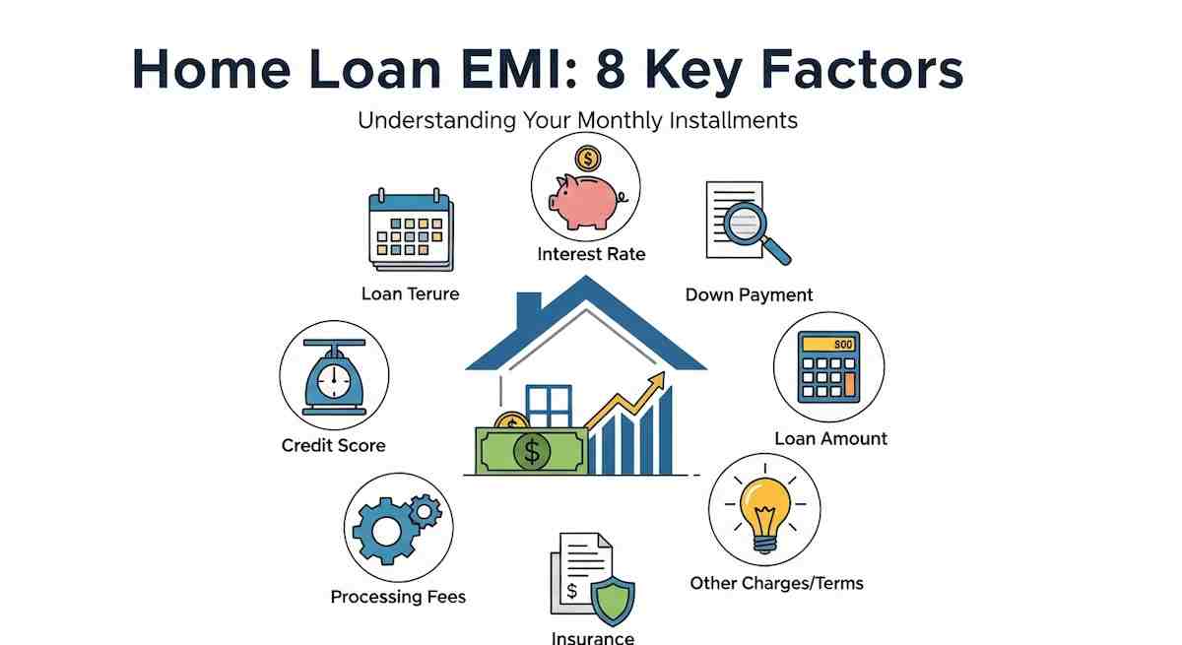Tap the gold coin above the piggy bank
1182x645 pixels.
[x=588, y=159]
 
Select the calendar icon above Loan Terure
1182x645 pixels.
[x=411, y=230]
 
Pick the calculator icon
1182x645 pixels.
[x=828, y=367]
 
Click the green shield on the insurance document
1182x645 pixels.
[x=613, y=602]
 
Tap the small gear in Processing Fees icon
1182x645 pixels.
[x=425, y=510]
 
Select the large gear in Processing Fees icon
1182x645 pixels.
[x=386, y=531]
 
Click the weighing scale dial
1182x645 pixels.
[x=334, y=381]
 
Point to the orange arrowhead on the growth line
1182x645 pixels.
[x=658, y=380]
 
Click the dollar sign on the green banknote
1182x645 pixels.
[x=532, y=451]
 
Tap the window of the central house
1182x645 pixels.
[x=549, y=406]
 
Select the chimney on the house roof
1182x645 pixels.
[x=529, y=310]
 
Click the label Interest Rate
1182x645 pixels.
[x=591, y=254]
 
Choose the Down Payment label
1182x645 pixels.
[x=749, y=294]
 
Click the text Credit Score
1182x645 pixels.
[x=334, y=446]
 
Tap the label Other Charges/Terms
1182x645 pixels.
[x=777, y=583]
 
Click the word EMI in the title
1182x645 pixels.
[x=516, y=70]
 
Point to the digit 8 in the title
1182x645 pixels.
[x=611, y=70]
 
